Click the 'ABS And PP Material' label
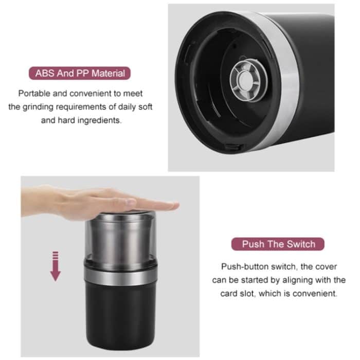[80, 73]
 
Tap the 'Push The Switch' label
[278, 244]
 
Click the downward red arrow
[56, 264]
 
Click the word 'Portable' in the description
[36, 94]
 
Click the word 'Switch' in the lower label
[299, 244]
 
